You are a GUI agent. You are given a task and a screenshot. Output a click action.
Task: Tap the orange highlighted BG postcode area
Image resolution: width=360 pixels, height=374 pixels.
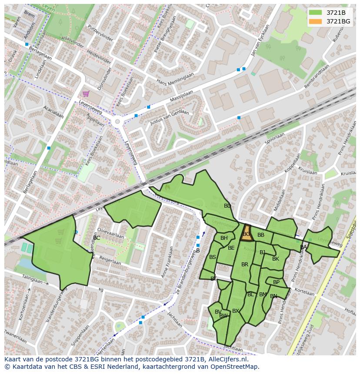click(247, 233)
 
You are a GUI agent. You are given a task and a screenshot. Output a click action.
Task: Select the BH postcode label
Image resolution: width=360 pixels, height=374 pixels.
click(224, 238)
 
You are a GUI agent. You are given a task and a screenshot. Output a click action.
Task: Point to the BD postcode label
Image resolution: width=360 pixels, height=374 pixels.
click(227, 206)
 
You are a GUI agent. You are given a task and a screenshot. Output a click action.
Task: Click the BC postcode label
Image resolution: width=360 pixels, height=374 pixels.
click(97, 238)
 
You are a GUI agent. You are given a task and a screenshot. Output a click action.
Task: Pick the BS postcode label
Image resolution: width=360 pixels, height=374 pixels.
click(213, 257)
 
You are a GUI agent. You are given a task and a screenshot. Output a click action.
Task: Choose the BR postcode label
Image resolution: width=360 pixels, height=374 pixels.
click(245, 265)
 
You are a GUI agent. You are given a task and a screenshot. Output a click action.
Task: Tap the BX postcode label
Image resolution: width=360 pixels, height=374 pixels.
click(236, 311)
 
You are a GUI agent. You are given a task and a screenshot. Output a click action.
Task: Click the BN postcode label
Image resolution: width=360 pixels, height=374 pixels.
click(273, 296)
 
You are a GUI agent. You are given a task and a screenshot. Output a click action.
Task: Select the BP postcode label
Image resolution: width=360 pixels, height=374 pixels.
click(276, 282)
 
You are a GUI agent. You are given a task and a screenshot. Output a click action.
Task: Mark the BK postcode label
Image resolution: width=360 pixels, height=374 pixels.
click(276, 259)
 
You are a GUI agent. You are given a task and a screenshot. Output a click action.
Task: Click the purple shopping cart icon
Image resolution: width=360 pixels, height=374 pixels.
click(86, 93)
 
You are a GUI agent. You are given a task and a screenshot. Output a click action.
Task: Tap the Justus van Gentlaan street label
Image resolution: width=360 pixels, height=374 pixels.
click(170, 117)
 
